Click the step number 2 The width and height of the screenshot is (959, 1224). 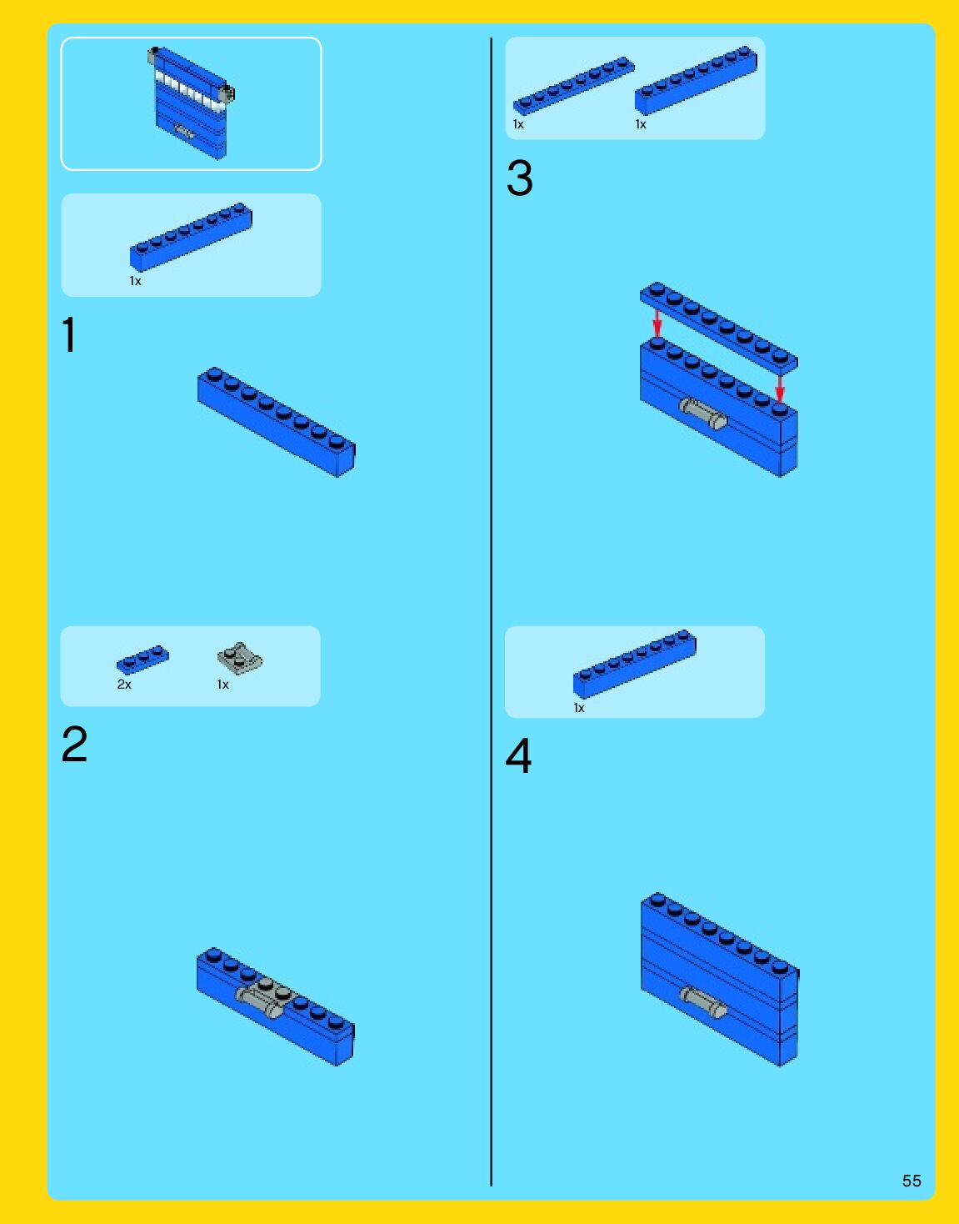click(x=74, y=744)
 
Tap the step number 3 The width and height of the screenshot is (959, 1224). click(x=519, y=178)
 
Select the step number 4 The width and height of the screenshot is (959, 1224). click(x=518, y=755)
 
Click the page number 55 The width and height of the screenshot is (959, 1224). click(x=912, y=1181)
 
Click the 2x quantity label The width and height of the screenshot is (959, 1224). click(x=124, y=685)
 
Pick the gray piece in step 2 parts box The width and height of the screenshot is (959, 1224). click(x=240, y=659)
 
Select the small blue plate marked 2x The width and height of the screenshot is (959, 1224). click(x=142, y=660)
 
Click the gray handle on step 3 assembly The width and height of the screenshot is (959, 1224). click(x=703, y=414)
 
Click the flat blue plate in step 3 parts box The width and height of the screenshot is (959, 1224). click(x=573, y=86)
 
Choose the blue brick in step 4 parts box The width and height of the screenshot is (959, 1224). click(x=635, y=664)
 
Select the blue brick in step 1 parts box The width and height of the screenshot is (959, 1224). click(x=192, y=237)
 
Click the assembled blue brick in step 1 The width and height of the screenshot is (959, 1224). click(x=277, y=422)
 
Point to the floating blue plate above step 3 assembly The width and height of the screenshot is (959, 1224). click(x=719, y=327)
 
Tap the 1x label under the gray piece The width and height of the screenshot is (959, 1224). click(x=222, y=685)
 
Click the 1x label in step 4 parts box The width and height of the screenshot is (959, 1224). click(x=579, y=708)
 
